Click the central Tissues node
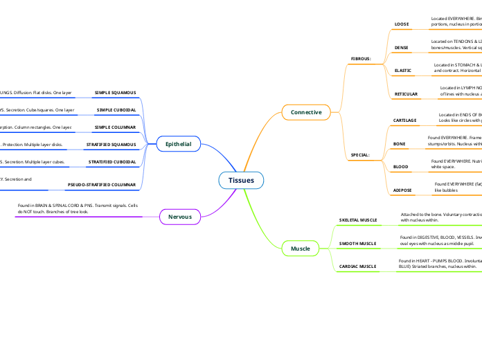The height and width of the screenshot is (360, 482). point(241,181)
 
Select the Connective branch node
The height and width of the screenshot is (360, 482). point(305,112)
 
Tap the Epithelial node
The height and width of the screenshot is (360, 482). point(179,144)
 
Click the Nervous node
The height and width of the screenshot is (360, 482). point(180,217)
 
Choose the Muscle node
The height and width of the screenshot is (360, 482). point(300,248)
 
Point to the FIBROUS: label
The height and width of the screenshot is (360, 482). point(361,59)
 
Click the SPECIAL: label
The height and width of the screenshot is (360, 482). point(360,154)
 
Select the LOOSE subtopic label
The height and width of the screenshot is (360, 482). point(402,24)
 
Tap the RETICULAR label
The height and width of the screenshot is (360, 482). point(406,93)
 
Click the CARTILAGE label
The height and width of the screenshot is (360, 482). point(405,120)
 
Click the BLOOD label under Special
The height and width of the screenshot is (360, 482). point(401,167)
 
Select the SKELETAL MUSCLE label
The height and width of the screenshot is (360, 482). point(358,219)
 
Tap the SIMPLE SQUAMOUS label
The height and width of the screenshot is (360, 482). point(115,92)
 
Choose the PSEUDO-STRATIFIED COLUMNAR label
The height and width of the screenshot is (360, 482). point(101,185)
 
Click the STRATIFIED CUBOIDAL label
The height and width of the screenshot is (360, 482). point(112,162)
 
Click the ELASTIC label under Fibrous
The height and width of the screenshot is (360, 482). point(402,71)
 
